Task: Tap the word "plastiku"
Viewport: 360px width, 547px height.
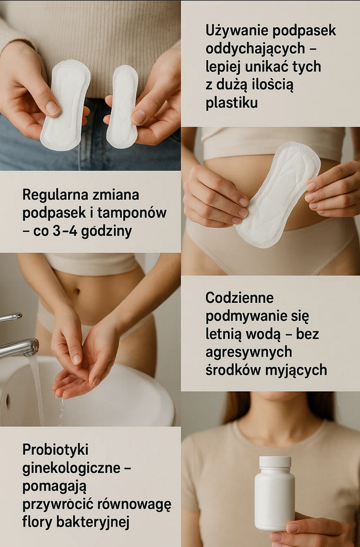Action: [231, 103]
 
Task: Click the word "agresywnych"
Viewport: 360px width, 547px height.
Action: [249, 352]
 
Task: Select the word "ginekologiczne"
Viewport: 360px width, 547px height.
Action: [72, 469]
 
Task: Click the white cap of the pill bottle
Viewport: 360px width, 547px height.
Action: [275, 462]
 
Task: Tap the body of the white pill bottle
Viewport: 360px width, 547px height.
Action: [275, 499]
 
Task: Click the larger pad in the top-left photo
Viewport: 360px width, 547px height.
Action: [65, 105]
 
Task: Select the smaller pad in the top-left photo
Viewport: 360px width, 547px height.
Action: [122, 106]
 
